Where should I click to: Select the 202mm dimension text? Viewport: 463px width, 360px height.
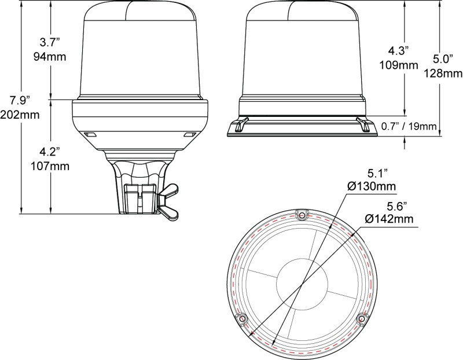[x=21, y=115]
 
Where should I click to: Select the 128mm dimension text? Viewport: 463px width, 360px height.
[x=443, y=73]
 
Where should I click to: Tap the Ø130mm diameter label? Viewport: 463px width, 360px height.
[x=372, y=186]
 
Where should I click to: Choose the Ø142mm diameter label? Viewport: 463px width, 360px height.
[x=389, y=218]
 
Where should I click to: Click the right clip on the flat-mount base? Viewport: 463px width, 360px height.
[x=364, y=124]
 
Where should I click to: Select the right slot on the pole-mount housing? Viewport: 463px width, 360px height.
[x=189, y=135]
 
